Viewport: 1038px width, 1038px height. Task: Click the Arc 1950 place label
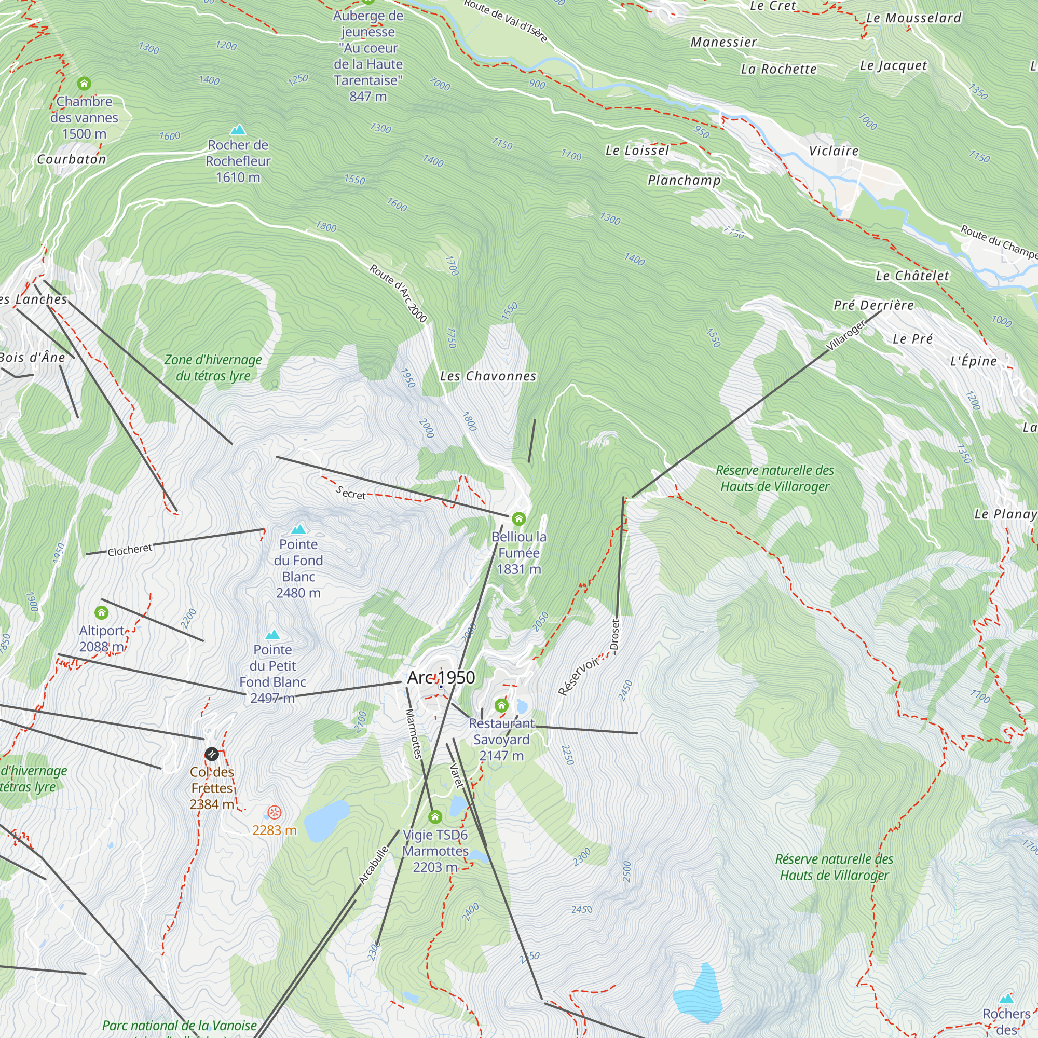tap(441, 677)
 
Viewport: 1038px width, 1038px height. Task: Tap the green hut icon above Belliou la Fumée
tap(518, 518)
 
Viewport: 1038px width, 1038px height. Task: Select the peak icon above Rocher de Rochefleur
tap(238, 130)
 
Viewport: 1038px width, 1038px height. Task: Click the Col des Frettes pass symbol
tap(212, 754)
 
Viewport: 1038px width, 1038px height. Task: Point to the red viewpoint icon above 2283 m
tap(275, 812)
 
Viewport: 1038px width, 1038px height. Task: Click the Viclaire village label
tap(834, 151)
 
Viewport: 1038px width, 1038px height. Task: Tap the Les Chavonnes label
tap(488, 376)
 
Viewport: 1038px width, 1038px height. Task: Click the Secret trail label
tap(350, 493)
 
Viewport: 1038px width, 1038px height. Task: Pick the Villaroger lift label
tap(845, 336)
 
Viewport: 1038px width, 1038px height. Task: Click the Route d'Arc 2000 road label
tap(398, 293)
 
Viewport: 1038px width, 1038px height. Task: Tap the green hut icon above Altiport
tap(102, 612)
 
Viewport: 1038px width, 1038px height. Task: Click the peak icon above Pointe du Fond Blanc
tap(298, 529)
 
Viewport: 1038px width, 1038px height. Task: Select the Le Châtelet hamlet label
tap(912, 276)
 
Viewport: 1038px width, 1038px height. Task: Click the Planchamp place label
tap(684, 180)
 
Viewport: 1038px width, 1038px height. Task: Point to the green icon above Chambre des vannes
tap(84, 83)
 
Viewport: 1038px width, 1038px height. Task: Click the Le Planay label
tap(1005, 514)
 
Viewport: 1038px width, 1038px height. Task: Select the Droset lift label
tap(616, 636)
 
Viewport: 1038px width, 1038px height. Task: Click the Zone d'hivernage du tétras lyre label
tap(213, 368)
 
